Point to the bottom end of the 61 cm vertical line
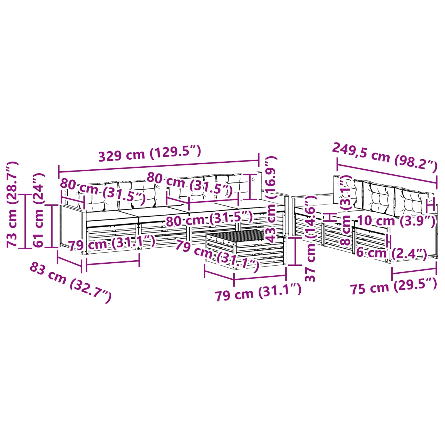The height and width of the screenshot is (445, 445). pyautogui.click(x=52, y=247)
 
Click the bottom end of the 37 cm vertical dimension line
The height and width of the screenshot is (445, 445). pyautogui.click(x=295, y=265)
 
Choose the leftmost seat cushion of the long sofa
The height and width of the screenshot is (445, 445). pyautogui.click(x=113, y=218)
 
